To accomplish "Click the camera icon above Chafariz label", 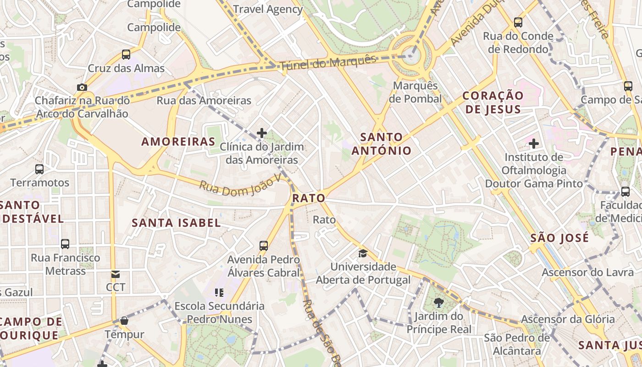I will (82, 87).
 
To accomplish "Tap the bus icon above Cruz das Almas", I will (126, 55).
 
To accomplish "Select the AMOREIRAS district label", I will (178, 141).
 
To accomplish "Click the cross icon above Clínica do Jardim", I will (262, 133).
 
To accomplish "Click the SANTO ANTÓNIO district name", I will (382, 144).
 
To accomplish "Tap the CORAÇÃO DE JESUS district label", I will (493, 102).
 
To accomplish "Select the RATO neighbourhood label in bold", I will (309, 198).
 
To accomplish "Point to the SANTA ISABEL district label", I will (176, 223).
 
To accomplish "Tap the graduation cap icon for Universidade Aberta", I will (363, 253).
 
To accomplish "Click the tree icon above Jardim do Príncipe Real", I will (439, 302).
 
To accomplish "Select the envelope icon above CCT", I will (116, 274).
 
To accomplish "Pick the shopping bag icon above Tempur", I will (124, 321).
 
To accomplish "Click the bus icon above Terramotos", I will (39, 169).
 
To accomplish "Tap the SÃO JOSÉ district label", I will (559, 238).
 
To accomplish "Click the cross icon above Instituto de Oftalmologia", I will (534, 144).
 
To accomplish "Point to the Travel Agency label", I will (268, 9).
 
